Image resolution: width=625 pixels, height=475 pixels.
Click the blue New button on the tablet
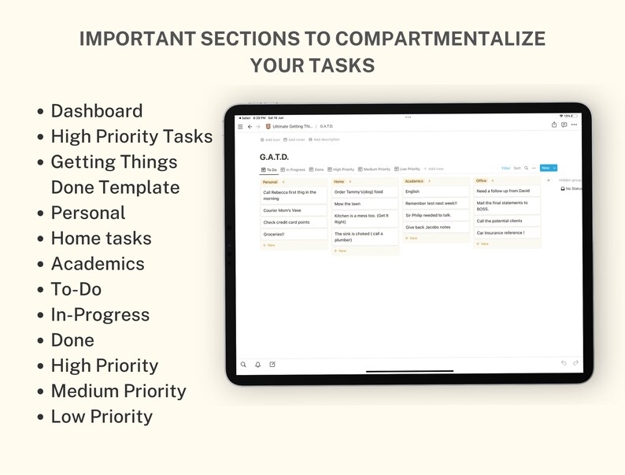[545, 168]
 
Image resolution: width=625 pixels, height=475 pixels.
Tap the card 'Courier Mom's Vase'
[294, 211]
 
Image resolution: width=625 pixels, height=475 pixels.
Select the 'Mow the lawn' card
[364, 203]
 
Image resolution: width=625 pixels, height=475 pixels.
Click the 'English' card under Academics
[435, 191]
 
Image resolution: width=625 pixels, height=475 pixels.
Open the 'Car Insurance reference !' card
[507, 232]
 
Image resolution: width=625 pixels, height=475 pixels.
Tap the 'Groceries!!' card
[294, 234]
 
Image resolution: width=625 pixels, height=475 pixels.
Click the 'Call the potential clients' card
[507, 221]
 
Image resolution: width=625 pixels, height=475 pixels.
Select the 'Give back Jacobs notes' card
[435, 227]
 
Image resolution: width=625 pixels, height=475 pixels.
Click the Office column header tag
[481, 180]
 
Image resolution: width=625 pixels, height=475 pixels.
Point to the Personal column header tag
[269, 181]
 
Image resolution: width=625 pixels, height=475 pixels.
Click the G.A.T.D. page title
[274, 157]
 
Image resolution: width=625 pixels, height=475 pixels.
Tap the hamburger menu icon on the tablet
[240, 126]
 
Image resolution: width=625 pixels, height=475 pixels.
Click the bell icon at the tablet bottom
[257, 365]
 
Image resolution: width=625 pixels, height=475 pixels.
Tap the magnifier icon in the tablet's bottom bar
[243, 365]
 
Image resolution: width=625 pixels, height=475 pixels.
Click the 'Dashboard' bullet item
[97, 111]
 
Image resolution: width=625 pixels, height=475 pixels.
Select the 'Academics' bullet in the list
[98, 264]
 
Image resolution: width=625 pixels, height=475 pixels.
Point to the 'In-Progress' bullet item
[100, 314]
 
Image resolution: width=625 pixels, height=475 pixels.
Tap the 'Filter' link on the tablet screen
[506, 168]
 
